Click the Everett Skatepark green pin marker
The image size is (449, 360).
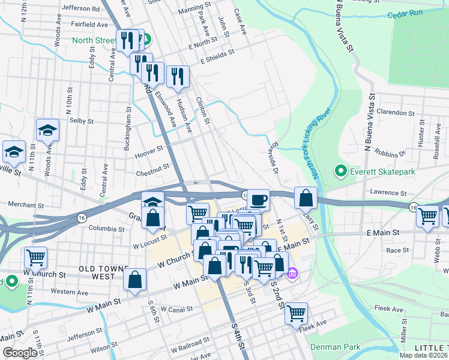click(341, 172)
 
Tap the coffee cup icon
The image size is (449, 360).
click(258, 199)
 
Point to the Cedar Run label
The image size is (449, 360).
click(405, 15)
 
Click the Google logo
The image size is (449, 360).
click(19, 353)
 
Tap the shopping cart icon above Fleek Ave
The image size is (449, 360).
click(296, 312)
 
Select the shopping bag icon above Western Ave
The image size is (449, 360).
click(135, 278)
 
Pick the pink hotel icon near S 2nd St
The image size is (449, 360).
click(292, 274)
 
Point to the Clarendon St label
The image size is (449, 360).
click(395, 112)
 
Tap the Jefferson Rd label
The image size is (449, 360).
click(80, 9)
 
